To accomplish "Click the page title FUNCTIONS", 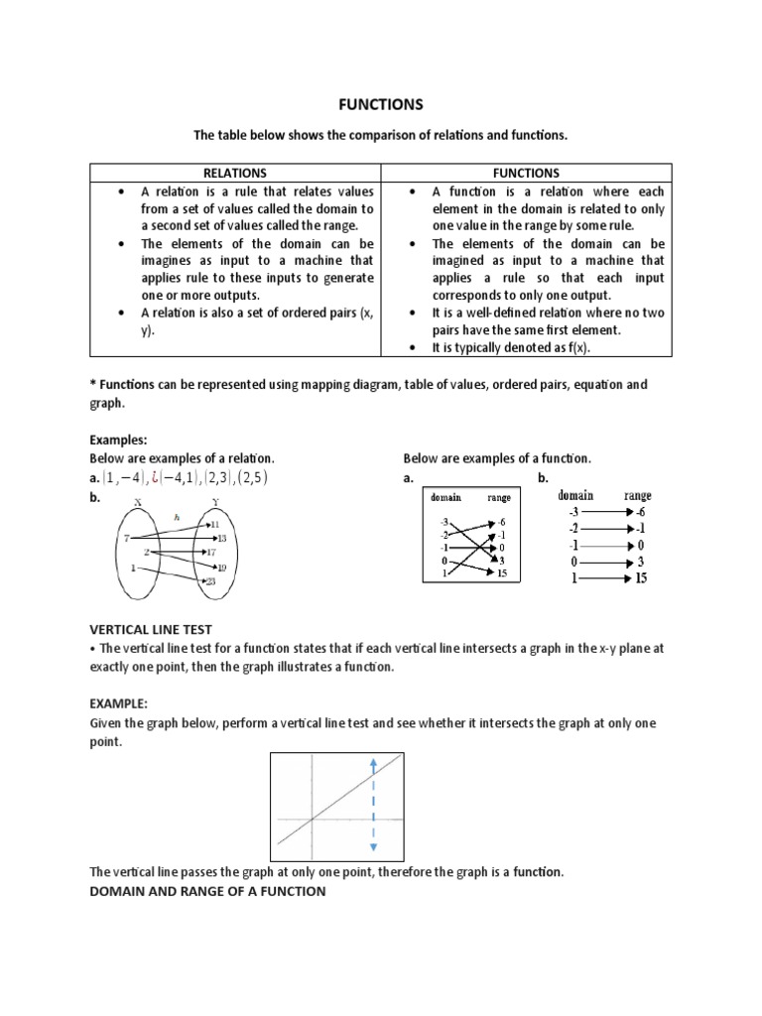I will tap(381, 103).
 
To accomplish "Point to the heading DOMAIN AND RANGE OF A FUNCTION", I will tap(207, 891).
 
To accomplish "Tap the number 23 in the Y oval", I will tap(211, 582).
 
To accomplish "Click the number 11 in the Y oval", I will tap(214, 523).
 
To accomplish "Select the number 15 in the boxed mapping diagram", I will tap(502, 573).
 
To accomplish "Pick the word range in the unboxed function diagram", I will tap(638, 495).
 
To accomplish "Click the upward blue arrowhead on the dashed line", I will tap(372, 763).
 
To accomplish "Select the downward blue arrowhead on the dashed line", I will tap(372, 847).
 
